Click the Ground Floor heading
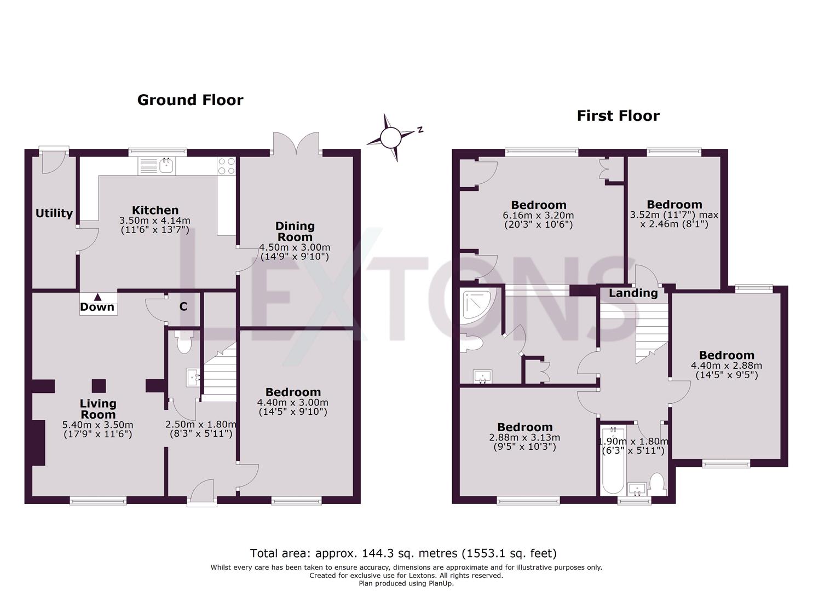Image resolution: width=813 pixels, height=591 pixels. tap(190, 100)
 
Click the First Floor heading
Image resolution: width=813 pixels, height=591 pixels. tap(618, 116)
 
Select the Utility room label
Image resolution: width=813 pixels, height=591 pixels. tap(54, 213)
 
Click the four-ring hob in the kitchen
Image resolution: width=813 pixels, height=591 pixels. tap(226, 166)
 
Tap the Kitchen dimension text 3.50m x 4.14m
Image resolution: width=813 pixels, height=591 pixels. tap(155, 221)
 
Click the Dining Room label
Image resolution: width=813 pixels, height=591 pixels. tap(295, 231)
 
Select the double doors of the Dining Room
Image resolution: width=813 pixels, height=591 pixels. tap(297, 144)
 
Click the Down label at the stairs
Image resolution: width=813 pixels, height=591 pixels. tap(97, 308)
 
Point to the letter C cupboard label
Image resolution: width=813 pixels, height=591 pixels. tap(183, 306)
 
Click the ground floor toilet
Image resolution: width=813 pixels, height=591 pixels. tap(184, 342)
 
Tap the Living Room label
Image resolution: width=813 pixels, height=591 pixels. tap(98, 409)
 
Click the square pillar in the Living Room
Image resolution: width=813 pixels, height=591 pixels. tap(99, 386)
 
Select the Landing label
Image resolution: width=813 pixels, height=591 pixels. tap(633, 293)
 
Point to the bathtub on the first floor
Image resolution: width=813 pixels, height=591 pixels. tap(613, 461)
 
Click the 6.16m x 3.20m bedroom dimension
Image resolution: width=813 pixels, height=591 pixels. tap(538, 216)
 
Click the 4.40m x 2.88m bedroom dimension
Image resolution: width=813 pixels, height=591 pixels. tap(726, 366)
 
